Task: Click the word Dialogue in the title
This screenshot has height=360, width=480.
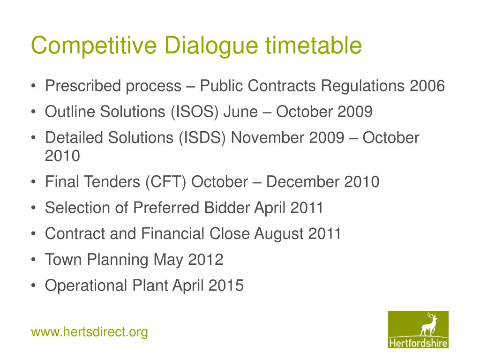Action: [212, 46]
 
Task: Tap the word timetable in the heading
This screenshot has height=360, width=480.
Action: [313, 45]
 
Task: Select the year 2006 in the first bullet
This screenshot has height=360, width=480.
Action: [427, 86]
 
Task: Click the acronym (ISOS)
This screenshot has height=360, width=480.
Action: [195, 112]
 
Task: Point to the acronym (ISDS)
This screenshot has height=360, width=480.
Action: [202, 138]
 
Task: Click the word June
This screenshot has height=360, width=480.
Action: [240, 112]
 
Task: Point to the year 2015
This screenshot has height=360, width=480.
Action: [226, 285]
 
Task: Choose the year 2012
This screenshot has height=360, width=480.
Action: [206, 260]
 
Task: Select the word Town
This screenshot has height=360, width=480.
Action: [63, 260]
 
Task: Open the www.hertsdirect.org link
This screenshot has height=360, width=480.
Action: [90, 332]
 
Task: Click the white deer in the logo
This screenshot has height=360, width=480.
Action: [428, 324]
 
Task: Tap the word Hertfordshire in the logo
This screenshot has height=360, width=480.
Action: [418, 343]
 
